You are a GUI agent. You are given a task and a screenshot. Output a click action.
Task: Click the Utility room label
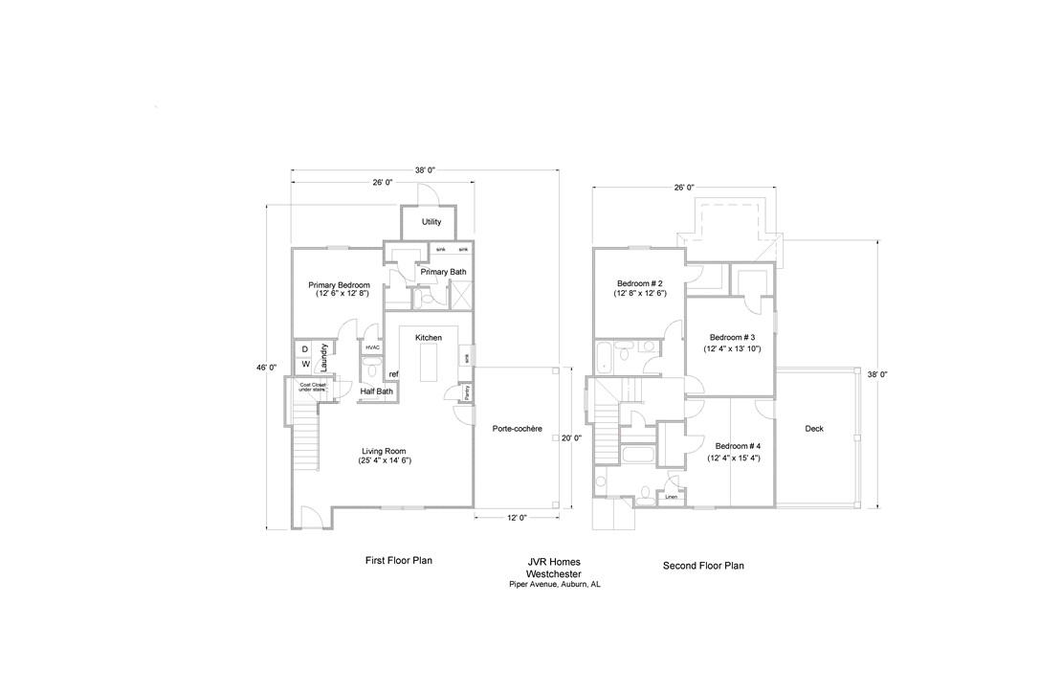tap(431, 222)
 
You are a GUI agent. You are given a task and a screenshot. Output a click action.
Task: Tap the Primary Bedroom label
tap(339, 285)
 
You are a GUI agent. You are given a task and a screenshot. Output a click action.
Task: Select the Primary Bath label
tap(443, 273)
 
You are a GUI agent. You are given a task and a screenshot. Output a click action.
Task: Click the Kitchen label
tap(428, 338)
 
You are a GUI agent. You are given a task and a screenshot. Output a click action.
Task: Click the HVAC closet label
tap(372, 347)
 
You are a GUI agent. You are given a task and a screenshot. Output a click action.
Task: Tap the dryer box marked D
tap(305, 349)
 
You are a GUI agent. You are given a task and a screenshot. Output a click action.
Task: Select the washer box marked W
tap(305, 365)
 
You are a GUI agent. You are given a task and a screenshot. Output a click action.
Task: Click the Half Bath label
tap(376, 391)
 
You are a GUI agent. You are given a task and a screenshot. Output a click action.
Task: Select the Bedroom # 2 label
tap(640, 284)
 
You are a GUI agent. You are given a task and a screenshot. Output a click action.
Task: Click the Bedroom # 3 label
tap(732, 338)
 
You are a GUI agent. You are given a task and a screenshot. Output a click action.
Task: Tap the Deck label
tap(814, 429)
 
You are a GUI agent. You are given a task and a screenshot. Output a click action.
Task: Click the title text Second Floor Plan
tap(703, 566)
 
